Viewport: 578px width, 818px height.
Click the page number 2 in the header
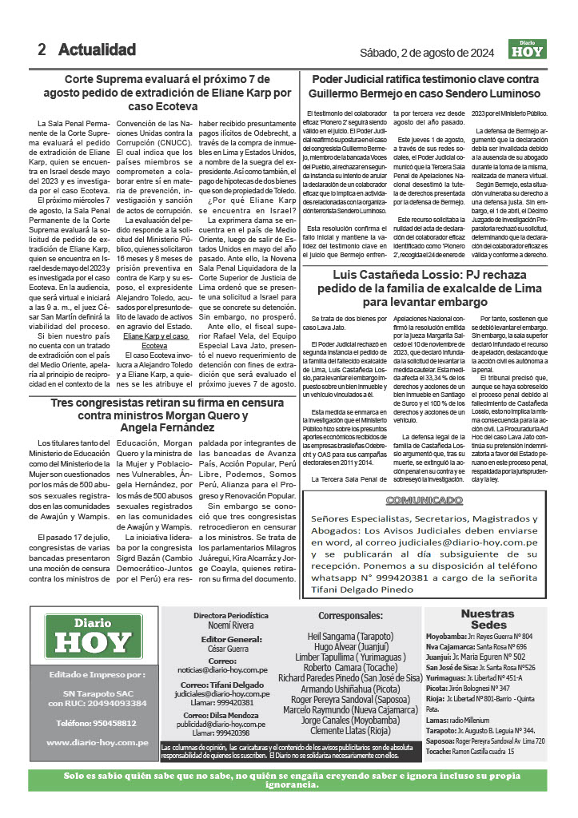point(42,50)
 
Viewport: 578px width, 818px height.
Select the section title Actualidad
point(97,50)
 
